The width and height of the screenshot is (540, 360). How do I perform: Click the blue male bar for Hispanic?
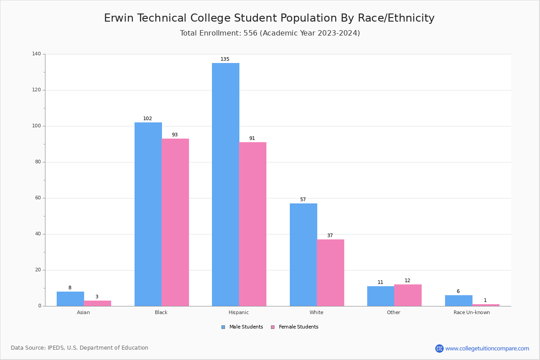tap(225, 184)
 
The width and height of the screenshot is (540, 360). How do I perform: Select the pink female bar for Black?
tap(175, 222)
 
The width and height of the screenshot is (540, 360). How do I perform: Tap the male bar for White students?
tap(303, 255)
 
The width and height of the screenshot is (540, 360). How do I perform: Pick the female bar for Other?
tap(408, 295)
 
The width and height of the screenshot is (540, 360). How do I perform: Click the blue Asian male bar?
tap(70, 299)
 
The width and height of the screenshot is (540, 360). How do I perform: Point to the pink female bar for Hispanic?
tap(253, 224)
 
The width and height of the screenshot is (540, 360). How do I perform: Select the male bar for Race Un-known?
tap(459, 301)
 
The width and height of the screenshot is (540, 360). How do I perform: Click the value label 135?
tap(225, 59)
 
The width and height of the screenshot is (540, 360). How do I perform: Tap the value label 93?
tap(175, 135)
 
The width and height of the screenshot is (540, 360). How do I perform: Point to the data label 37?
tap(330, 236)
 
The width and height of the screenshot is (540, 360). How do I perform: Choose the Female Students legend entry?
tap(295, 327)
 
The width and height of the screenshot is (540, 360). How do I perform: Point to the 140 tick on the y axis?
tap(36, 54)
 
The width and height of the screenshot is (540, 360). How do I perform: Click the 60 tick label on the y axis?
tap(38, 198)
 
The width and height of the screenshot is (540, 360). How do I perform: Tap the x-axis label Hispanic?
tap(238, 312)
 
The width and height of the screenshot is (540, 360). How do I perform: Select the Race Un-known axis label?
tap(472, 312)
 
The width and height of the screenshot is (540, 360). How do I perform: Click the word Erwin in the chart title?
tap(119, 18)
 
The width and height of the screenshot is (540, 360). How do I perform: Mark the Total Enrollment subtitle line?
tap(270, 33)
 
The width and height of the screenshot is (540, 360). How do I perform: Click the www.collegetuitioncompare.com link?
tap(487, 348)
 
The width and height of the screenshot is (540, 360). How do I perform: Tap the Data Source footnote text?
tap(80, 348)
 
